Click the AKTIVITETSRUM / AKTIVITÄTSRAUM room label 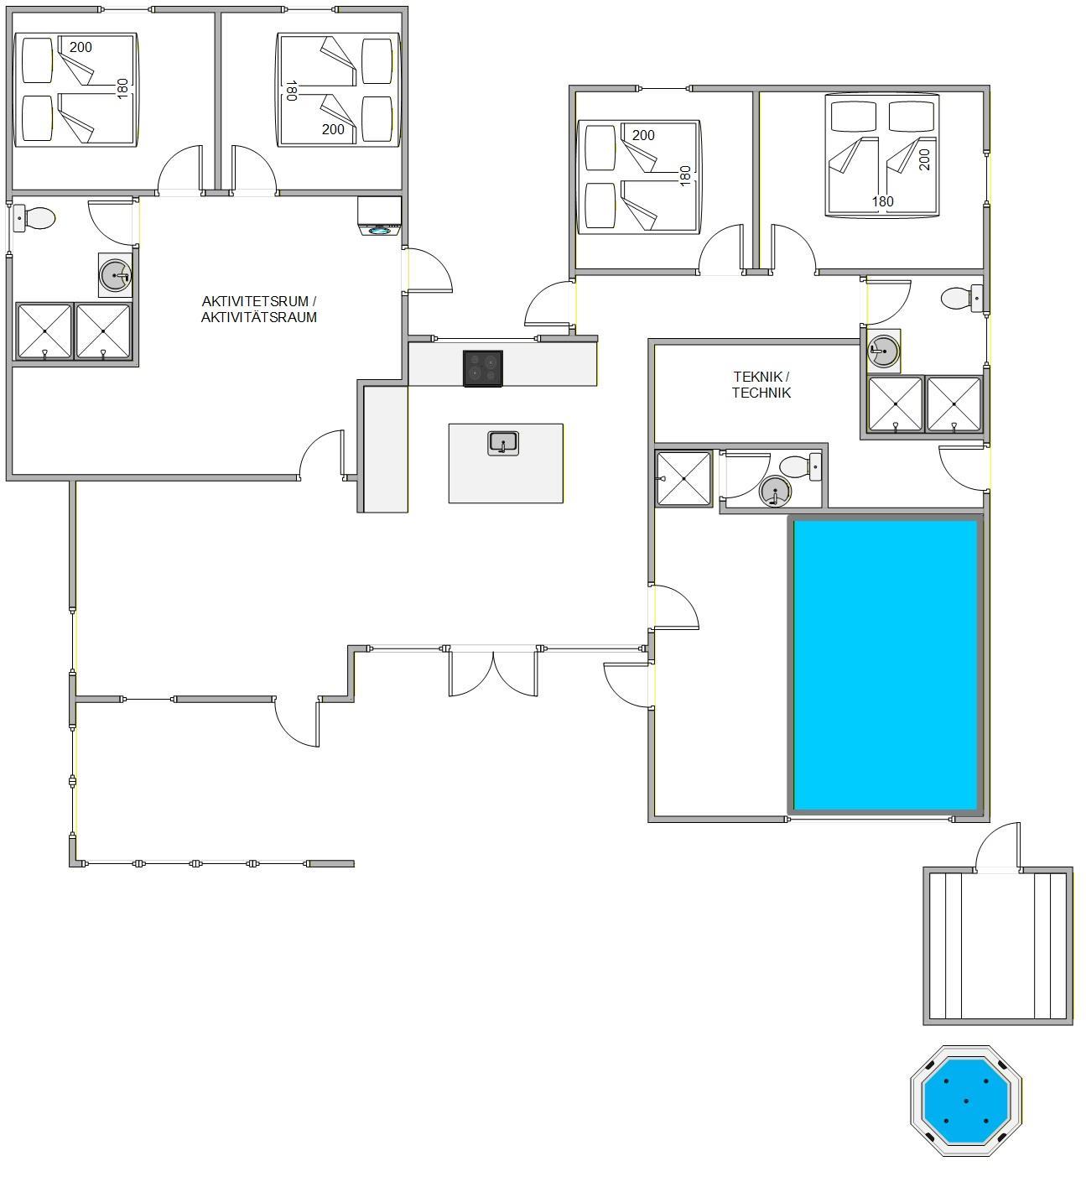click(x=258, y=310)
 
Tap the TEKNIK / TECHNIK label click(x=761, y=385)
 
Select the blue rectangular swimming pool click(x=886, y=665)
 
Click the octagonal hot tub click(x=966, y=1101)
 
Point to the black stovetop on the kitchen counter click(x=482, y=368)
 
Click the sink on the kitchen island click(x=502, y=443)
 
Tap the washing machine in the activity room click(x=380, y=216)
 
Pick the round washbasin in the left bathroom click(x=115, y=275)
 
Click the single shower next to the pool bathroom click(x=683, y=478)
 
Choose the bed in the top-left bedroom click(x=75, y=90)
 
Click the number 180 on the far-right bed click(x=883, y=201)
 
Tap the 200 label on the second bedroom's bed click(x=333, y=129)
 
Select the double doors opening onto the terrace click(x=493, y=671)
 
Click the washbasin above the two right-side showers click(x=883, y=351)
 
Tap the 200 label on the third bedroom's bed click(x=643, y=135)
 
